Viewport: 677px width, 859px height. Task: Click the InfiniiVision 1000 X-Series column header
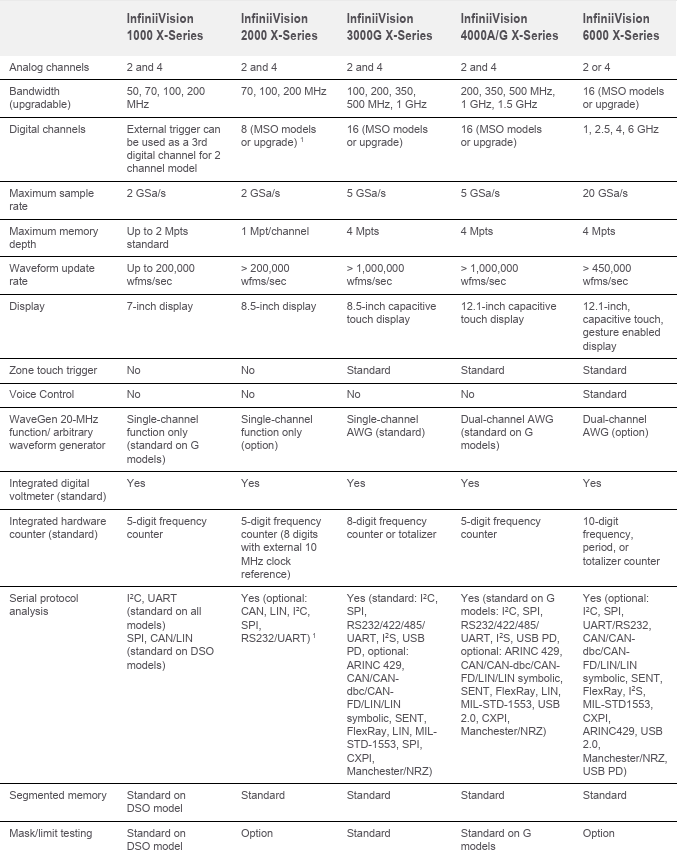(x=165, y=27)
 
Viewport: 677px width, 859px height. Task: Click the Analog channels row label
(x=49, y=68)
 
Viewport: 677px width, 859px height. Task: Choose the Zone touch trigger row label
(x=53, y=370)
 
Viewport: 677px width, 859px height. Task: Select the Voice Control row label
(x=41, y=395)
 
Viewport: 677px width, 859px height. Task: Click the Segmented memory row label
(x=57, y=795)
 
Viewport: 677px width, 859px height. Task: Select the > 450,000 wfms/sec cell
(x=607, y=275)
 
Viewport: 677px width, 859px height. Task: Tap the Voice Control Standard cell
(x=604, y=395)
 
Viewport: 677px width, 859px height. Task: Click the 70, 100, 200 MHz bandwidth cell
(x=284, y=92)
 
